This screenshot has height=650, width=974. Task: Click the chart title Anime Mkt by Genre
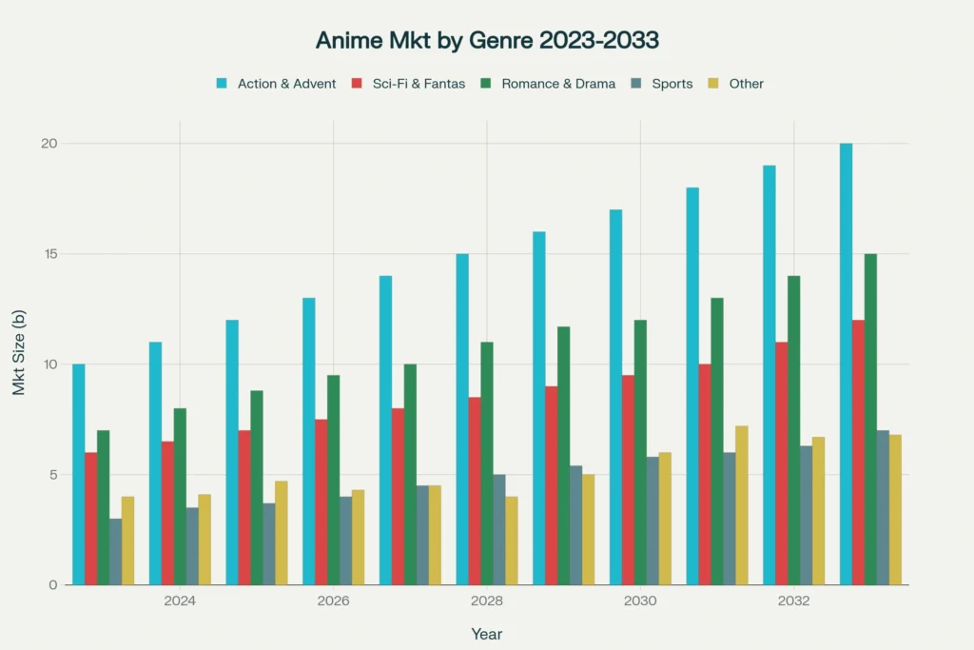tap(486, 41)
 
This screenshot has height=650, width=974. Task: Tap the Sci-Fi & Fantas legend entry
tap(407, 84)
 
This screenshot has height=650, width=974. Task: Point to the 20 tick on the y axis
tap(49, 144)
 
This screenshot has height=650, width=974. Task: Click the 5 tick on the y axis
tap(53, 475)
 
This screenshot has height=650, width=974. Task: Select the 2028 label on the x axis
tap(486, 601)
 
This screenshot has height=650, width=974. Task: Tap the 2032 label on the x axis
tap(793, 601)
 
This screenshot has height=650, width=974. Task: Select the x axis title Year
tap(486, 634)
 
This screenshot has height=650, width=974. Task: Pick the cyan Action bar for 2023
tap(78, 474)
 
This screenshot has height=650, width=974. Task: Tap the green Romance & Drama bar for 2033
tap(870, 419)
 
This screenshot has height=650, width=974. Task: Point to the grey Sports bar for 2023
tap(115, 551)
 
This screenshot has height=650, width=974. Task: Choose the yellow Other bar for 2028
tap(511, 541)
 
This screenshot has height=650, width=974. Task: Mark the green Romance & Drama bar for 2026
tap(333, 480)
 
